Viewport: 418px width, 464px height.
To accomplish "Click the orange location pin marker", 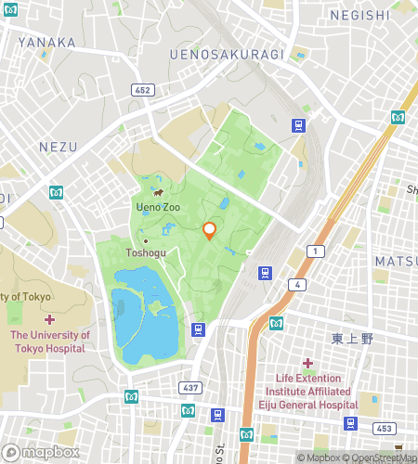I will (210, 230).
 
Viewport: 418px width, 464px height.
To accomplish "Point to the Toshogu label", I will (147, 252).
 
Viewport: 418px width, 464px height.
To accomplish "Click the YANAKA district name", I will (46, 42).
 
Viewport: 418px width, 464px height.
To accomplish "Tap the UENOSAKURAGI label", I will (228, 55).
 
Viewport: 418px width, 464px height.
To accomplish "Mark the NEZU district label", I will (58, 147).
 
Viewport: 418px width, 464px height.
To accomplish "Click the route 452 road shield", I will (144, 90).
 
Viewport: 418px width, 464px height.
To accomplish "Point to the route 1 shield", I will (318, 251).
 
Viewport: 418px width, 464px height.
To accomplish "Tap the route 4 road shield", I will (297, 284).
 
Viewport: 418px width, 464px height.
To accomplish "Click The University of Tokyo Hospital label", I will (50, 342).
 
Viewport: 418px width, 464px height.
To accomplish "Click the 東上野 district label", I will (354, 339).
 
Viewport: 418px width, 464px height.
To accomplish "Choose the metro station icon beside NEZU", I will (55, 192).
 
